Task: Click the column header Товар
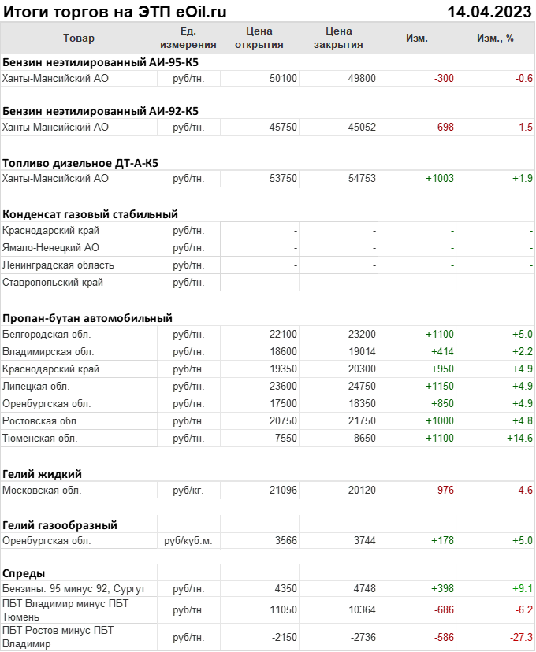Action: tap(78, 38)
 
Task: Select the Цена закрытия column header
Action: tap(338, 38)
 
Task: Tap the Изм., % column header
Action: tap(495, 38)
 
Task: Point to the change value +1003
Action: tap(439, 179)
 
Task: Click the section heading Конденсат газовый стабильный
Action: tap(90, 214)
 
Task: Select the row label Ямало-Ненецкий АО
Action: tap(51, 248)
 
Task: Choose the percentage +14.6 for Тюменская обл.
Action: tap(519, 438)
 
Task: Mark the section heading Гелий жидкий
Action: tap(43, 474)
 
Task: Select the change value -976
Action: tap(444, 490)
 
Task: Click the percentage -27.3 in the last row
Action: tap(519, 637)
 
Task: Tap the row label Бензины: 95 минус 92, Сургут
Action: tap(74, 588)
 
